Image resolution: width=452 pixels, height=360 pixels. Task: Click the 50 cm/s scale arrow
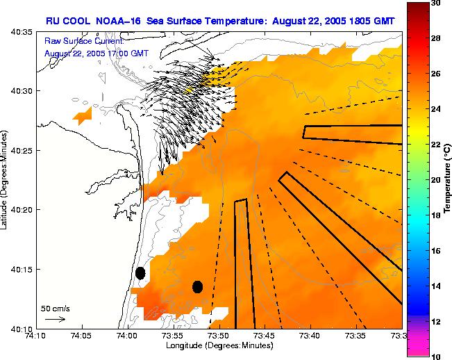click(x=55, y=319)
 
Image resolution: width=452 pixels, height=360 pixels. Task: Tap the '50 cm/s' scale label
click(x=55, y=308)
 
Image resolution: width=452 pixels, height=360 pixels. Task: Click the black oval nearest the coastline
click(x=140, y=273)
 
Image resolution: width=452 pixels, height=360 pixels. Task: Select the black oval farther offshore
click(x=197, y=286)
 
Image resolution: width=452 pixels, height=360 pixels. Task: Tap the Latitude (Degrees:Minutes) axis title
click(x=6, y=179)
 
